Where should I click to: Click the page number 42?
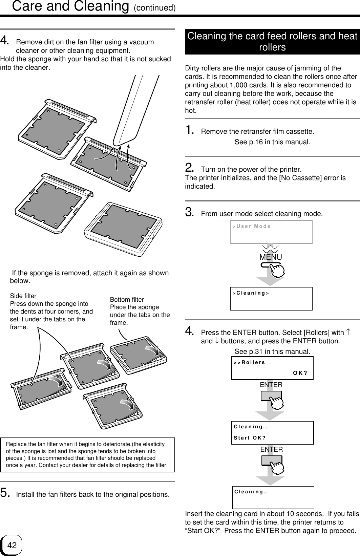tap(12, 545)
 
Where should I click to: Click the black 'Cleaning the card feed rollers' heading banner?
tap(272, 42)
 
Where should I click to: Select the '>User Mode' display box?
tap(271, 232)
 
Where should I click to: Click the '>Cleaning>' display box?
tap(271, 298)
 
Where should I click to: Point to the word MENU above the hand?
tap(270, 257)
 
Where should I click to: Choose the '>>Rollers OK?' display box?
tap(272, 368)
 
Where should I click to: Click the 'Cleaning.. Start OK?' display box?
tap(272, 433)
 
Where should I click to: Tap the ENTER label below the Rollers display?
tap(271, 385)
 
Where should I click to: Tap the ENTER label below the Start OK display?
tap(271, 450)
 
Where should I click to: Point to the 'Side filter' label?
tap(23, 296)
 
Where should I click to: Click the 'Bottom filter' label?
tap(127, 300)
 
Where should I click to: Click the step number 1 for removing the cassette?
tap(190, 130)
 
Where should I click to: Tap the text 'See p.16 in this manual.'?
tap(272, 142)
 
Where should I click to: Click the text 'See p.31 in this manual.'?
tap(272, 352)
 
